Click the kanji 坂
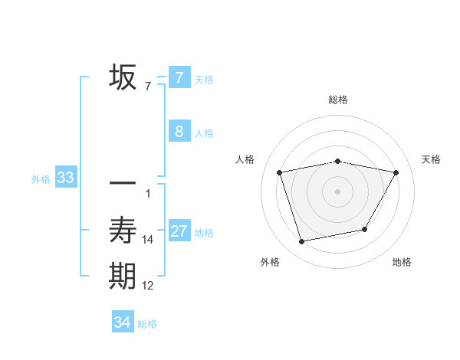[x=123, y=77]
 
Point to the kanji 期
[x=123, y=276]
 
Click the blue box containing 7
[x=179, y=77]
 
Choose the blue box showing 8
[x=179, y=131]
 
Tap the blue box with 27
[x=179, y=231]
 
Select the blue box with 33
[x=66, y=178]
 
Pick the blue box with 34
[x=123, y=322]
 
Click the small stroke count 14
[x=148, y=240]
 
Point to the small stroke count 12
[x=148, y=286]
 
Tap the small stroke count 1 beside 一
[x=148, y=193]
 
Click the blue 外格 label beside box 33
[x=41, y=179]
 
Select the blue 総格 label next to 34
[x=147, y=324]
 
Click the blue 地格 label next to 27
[x=205, y=232]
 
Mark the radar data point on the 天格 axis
[x=396, y=172]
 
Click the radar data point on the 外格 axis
[x=302, y=241]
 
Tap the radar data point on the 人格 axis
[x=280, y=172]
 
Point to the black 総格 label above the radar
[x=338, y=100]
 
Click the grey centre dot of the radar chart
[x=338, y=191]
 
